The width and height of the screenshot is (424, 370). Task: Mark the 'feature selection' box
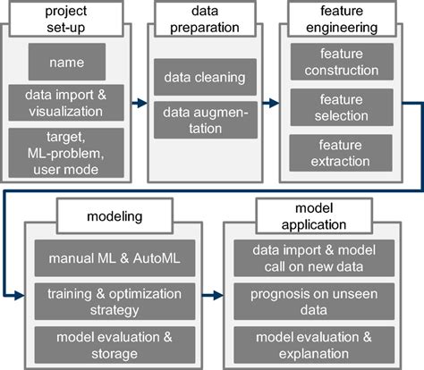point(345,107)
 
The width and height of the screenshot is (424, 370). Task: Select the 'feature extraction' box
point(345,153)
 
